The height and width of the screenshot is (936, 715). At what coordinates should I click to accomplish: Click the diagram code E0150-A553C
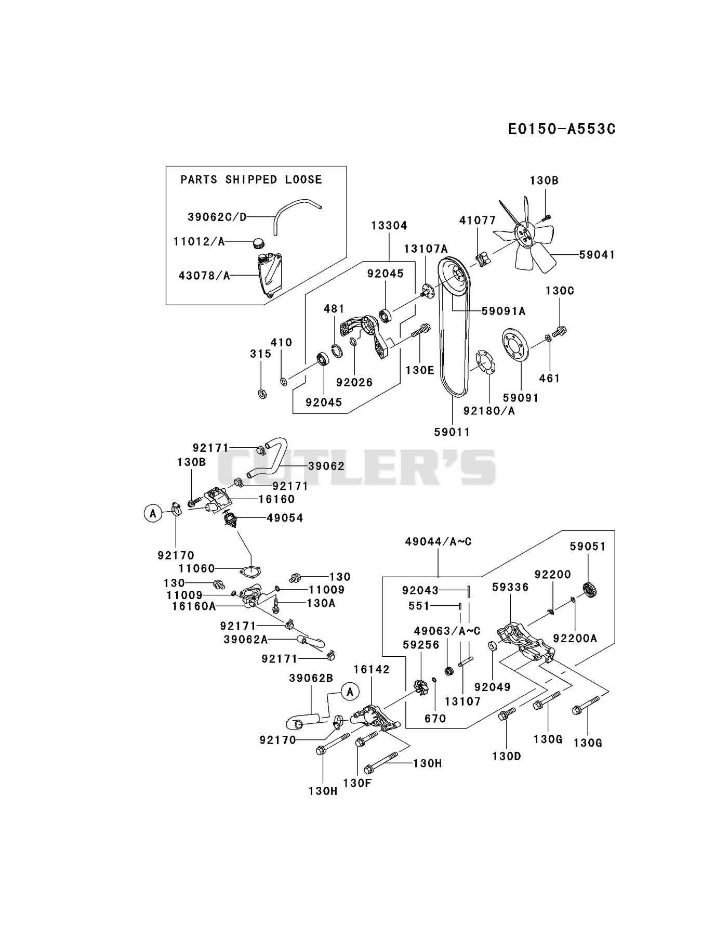pos(562,129)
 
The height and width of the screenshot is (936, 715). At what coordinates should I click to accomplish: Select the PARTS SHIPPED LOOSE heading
pos(251,179)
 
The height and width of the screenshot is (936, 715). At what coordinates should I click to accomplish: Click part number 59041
pos(597,254)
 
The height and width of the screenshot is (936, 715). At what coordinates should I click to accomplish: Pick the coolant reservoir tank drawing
pos(270,275)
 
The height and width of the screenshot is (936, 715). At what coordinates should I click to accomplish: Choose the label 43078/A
pos(204,276)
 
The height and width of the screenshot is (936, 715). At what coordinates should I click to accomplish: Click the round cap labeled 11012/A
pos(258,242)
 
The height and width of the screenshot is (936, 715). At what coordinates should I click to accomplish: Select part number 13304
pos(389,226)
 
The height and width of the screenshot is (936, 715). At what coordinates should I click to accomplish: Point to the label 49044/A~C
pos(438,541)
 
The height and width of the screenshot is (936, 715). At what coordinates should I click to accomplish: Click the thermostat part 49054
pos(229,518)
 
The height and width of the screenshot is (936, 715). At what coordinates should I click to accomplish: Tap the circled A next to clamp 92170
pos(152,514)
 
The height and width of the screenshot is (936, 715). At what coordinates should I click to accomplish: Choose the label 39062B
pos(311,678)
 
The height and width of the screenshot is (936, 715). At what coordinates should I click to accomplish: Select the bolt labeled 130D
pos(507,715)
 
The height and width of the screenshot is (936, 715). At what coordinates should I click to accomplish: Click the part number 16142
pos(372,669)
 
